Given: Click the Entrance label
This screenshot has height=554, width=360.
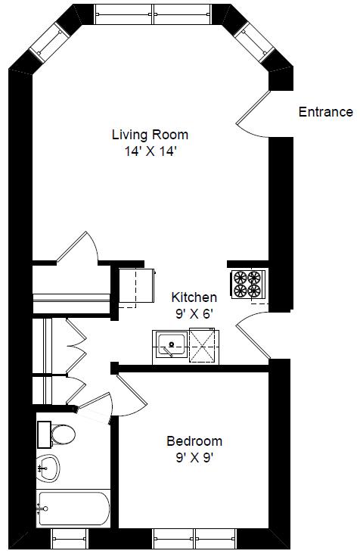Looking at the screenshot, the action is (325, 112).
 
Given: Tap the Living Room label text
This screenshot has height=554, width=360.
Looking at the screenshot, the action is (150, 135).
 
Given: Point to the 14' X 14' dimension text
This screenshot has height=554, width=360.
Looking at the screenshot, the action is (150, 151).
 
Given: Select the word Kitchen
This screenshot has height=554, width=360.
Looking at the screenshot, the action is (194, 297).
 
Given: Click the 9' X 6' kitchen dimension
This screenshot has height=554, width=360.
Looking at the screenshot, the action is (194, 313).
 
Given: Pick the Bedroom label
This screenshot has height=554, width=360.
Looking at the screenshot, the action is (194, 441).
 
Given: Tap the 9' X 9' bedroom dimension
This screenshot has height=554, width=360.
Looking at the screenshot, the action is (194, 458).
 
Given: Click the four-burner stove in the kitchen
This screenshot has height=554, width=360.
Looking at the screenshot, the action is (248, 284).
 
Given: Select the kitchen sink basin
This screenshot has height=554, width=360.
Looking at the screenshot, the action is (172, 344).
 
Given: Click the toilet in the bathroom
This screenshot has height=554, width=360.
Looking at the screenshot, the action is (57, 434).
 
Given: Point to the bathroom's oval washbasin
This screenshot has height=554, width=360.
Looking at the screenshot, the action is (48, 468).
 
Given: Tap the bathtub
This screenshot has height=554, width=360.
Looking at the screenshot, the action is (73, 509).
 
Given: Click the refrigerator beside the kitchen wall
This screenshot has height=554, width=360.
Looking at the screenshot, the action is (137, 285).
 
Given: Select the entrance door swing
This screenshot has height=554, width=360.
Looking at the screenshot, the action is (253, 114).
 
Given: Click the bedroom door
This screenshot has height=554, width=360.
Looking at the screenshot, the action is (132, 395).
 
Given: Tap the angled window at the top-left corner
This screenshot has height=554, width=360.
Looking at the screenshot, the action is (51, 42).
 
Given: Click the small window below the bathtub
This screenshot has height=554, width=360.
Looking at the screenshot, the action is (70, 539).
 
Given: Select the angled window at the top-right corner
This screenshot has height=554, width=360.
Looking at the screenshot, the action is (253, 42).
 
